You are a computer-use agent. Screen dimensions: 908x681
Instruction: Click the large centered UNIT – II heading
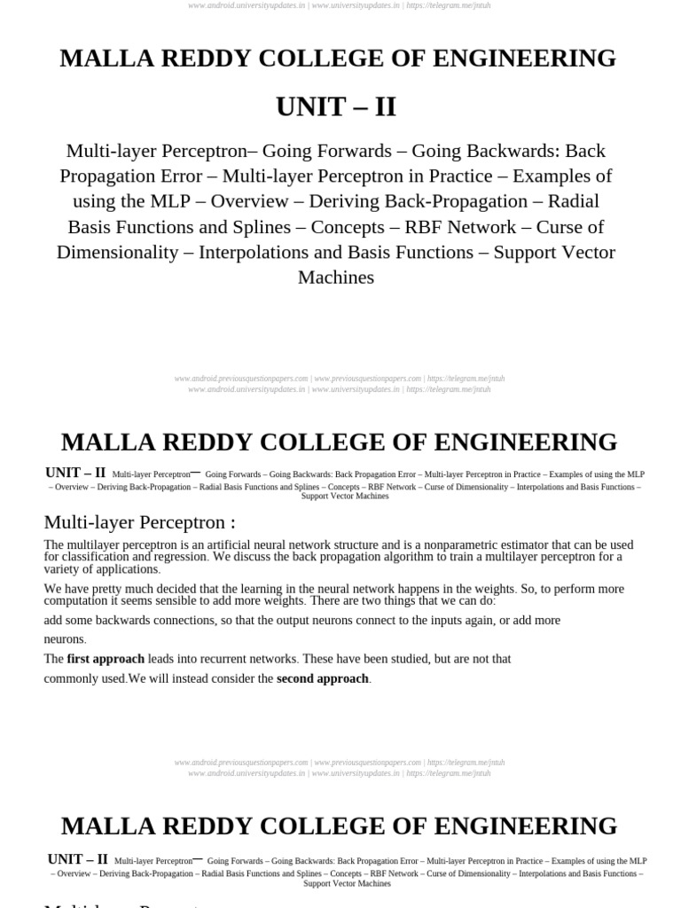[336, 106]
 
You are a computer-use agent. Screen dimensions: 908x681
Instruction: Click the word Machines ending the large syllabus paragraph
[336, 278]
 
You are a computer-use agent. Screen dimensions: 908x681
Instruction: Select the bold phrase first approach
[106, 659]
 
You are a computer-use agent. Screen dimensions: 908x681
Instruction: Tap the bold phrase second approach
[322, 678]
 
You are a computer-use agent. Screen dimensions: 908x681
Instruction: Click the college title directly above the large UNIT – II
[337, 59]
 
